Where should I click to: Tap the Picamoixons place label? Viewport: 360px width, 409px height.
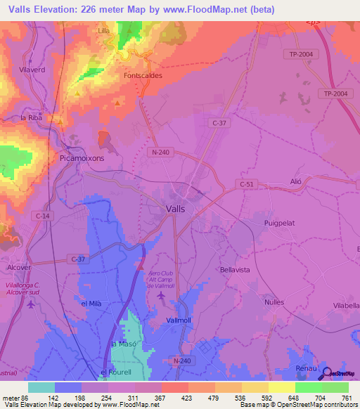pyautogui.click(x=82, y=158)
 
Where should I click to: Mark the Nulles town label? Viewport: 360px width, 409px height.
pyautogui.click(x=274, y=301)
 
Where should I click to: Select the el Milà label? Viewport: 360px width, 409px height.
pyautogui.click(x=93, y=303)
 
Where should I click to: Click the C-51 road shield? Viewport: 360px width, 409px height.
pyautogui.click(x=246, y=184)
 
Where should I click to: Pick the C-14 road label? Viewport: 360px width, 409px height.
pyautogui.click(x=41, y=218)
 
